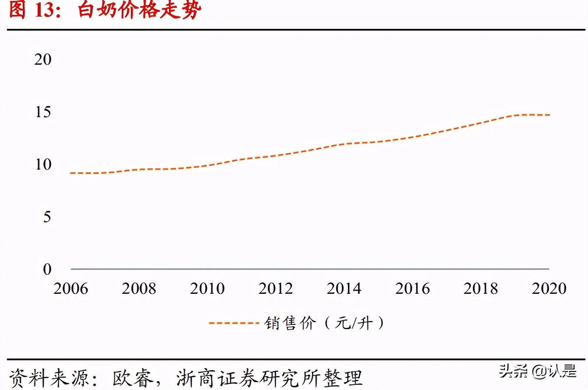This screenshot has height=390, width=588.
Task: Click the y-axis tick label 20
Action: (x=42, y=59)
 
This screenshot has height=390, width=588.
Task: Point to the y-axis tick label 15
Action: (x=42, y=112)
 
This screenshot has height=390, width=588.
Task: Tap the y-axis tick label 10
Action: (x=42, y=165)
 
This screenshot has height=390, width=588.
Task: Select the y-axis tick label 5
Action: (x=47, y=217)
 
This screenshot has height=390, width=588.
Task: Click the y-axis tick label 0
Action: (x=47, y=269)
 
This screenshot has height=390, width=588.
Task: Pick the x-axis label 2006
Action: (x=70, y=289)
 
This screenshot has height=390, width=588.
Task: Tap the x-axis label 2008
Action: (x=139, y=289)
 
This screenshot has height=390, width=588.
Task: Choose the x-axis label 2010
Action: (x=207, y=289)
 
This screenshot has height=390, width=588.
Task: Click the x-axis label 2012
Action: (x=276, y=289)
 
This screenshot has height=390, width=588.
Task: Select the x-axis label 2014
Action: (x=344, y=289)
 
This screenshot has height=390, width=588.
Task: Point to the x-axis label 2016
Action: (x=413, y=289)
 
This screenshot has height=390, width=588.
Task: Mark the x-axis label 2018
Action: (x=481, y=289)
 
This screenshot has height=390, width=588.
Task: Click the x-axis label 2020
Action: (x=549, y=289)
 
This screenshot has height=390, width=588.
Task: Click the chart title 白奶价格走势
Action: (x=140, y=11)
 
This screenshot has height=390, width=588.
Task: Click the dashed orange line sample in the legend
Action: (x=231, y=323)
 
